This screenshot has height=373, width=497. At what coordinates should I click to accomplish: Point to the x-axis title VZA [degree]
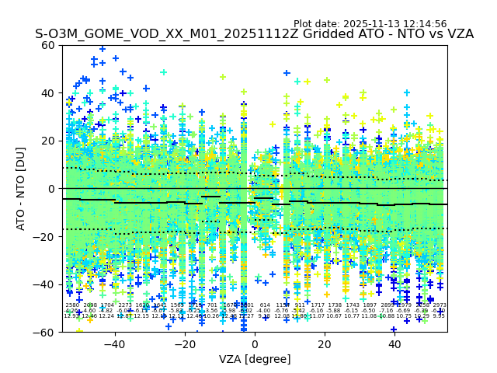(x=255, y=359)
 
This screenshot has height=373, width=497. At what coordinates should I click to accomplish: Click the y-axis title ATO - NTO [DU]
(x=21, y=188)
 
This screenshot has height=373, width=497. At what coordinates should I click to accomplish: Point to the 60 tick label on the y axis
(x=48, y=45)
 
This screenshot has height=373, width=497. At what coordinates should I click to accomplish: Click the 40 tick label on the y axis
(x=48, y=93)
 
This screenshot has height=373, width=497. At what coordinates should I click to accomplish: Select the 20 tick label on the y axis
(x=48, y=141)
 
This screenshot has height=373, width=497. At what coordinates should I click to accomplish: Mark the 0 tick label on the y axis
(x=51, y=189)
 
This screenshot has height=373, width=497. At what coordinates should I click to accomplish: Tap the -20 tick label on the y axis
(x=45, y=236)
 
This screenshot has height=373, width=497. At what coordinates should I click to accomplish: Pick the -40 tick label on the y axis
(x=45, y=284)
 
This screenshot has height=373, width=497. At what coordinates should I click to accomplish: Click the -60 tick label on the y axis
(x=45, y=332)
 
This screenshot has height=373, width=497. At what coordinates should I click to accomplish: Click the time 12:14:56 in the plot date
(x=424, y=24)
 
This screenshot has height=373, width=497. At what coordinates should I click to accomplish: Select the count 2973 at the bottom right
(x=440, y=305)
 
